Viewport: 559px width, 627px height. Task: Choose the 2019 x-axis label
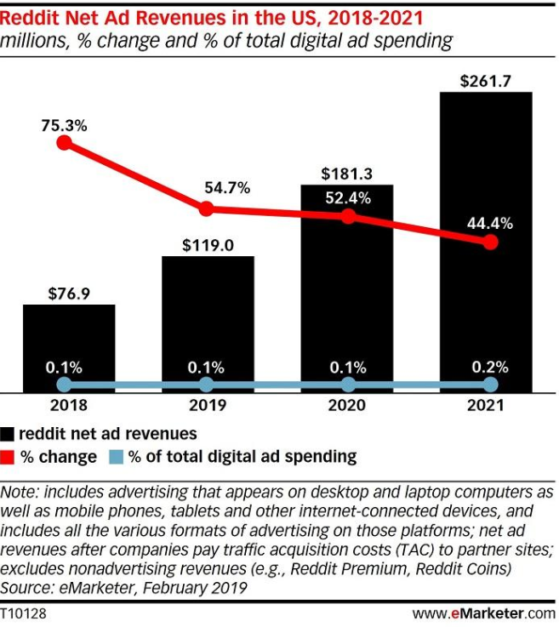[x=207, y=407]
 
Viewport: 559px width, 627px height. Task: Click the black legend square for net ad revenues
[x=8, y=434]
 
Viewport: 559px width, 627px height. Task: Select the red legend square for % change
[x=8, y=457]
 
